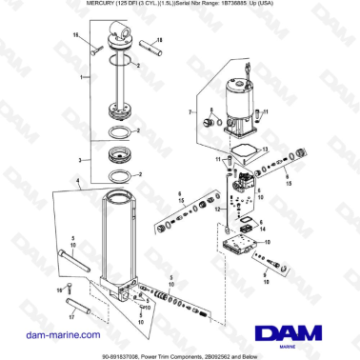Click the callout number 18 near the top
160,40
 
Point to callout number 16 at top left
75,34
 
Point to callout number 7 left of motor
190,113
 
